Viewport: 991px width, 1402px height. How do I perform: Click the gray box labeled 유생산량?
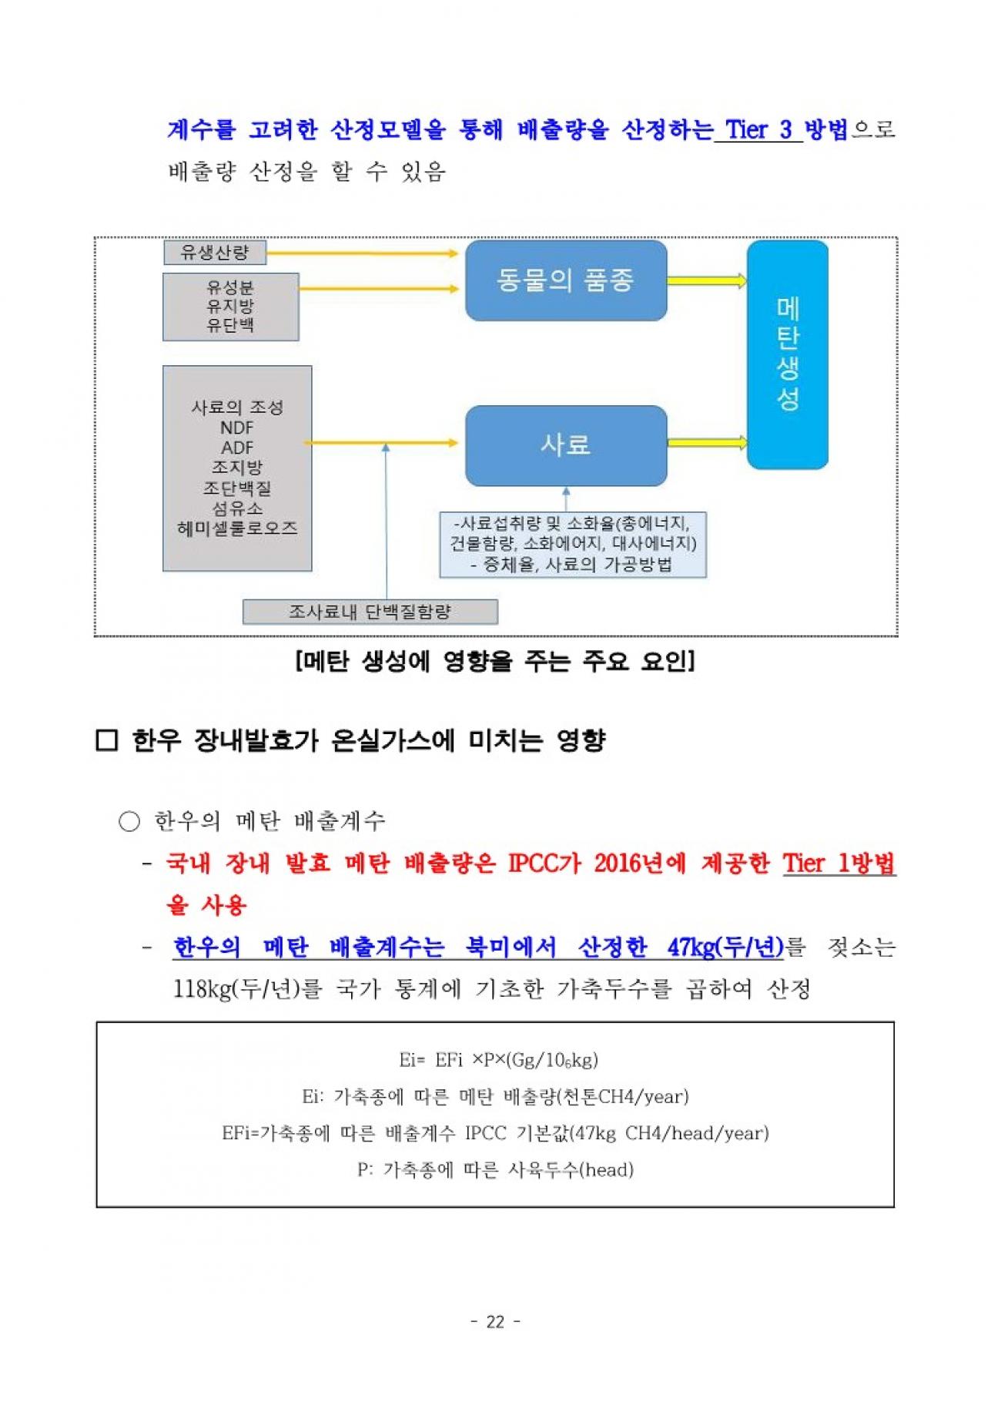[x=215, y=252]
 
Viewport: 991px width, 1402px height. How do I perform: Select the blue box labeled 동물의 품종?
[x=566, y=280]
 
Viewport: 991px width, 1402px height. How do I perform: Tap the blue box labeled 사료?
[x=566, y=445]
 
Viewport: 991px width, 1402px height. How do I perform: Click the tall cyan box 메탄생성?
[x=788, y=354]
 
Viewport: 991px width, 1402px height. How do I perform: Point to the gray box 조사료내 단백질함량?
[x=370, y=612]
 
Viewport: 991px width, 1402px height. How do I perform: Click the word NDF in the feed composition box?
[x=237, y=428]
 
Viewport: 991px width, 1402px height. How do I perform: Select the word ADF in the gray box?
[x=237, y=448]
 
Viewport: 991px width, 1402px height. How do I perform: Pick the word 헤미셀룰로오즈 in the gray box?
[x=237, y=528]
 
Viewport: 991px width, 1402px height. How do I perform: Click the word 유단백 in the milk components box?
[x=230, y=325]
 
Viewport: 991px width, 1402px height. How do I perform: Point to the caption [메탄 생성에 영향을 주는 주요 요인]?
[x=495, y=661]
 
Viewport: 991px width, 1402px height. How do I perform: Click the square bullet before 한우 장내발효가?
[x=106, y=741]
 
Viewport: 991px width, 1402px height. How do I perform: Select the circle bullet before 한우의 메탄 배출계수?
[x=129, y=822]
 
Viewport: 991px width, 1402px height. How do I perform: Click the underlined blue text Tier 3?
[x=758, y=129]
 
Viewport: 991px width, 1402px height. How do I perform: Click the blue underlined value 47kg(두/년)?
[x=725, y=947]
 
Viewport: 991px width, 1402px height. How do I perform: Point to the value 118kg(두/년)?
[x=236, y=989]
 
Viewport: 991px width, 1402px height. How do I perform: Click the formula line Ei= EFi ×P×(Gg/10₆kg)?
[x=499, y=1060]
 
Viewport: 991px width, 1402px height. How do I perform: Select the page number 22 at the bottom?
[x=496, y=1322]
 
